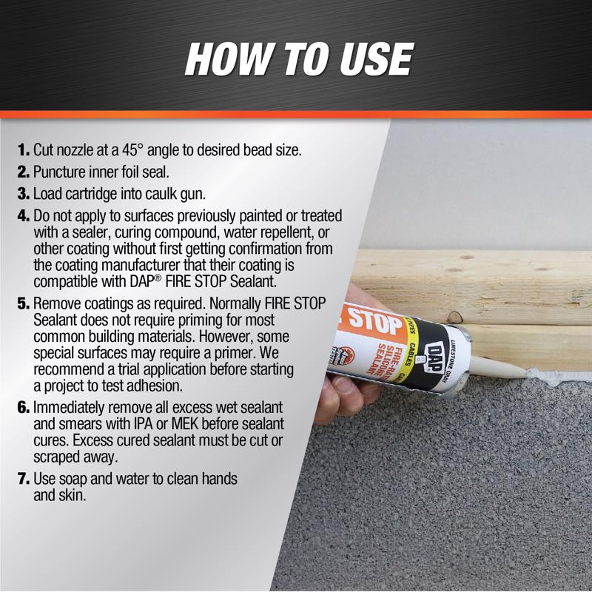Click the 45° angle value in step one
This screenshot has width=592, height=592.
point(142,149)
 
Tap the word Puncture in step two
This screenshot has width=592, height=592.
point(60,173)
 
